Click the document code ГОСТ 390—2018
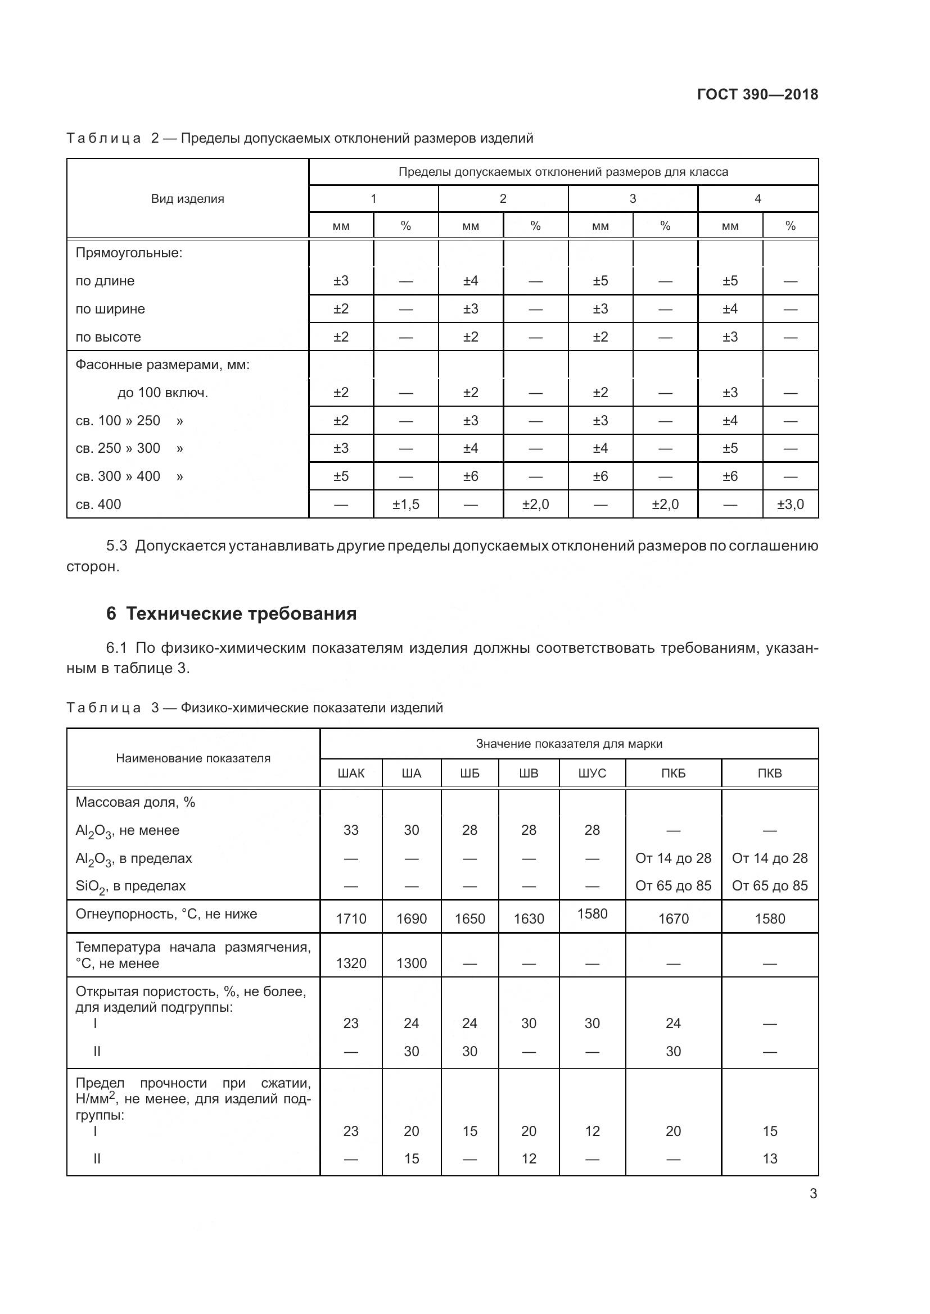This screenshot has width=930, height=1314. (x=757, y=94)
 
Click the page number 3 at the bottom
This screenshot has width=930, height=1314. (x=813, y=1193)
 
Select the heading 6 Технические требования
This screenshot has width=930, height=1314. (x=231, y=613)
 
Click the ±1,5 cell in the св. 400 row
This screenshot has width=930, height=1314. (x=405, y=504)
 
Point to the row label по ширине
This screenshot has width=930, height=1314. (x=110, y=309)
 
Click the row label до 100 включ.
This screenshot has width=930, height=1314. (x=162, y=393)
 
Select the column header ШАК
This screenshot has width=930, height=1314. (x=351, y=773)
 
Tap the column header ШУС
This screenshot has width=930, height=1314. (x=592, y=773)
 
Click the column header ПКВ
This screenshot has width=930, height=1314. (x=769, y=773)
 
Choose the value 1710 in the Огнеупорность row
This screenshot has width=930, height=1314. (x=351, y=919)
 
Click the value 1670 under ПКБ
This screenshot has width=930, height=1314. (x=673, y=919)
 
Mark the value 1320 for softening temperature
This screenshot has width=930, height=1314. (x=351, y=963)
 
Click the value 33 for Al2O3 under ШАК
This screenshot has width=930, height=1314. (x=351, y=830)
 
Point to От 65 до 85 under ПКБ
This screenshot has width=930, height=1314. (x=673, y=886)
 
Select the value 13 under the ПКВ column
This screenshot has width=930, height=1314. (x=770, y=1158)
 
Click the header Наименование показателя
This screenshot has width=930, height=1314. (x=193, y=758)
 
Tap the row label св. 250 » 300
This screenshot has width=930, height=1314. (x=118, y=448)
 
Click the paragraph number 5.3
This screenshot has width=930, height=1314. (x=116, y=546)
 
